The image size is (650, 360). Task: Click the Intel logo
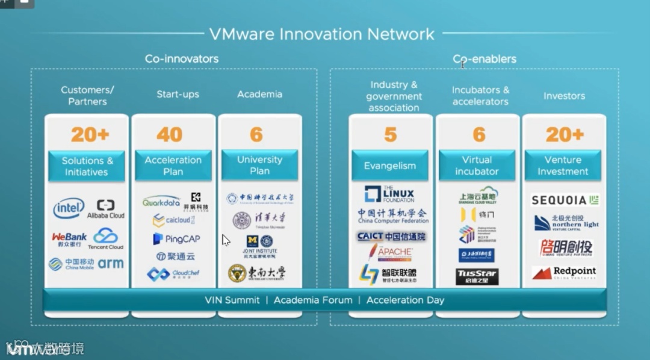(x=69, y=209)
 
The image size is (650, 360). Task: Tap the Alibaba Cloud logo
(x=105, y=209)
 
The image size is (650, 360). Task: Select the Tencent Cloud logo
(x=105, y=238)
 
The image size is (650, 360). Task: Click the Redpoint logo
(x=564, y=273)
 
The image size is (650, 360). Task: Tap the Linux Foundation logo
(x=389, y=194)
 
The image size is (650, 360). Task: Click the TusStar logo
(x=477, y=277)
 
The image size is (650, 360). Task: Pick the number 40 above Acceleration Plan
(x=169, y=135)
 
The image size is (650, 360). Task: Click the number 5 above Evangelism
(x=390, y=135)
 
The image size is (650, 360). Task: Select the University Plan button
(x=259, y=166)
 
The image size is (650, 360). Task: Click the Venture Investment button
(x=563, y=166)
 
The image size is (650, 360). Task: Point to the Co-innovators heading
(x=181, y=59)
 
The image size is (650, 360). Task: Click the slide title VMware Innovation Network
(x=321, y=34)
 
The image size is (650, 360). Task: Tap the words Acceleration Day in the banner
(x=405, y=300)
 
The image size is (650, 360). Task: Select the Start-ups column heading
(x=178, y=94)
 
